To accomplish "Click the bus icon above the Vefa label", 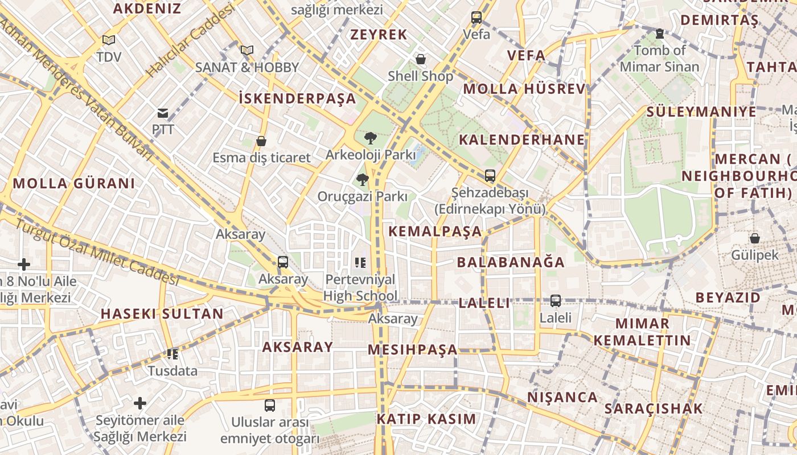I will [476, 18].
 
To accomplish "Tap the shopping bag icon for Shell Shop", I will [421, 59].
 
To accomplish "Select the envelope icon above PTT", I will [163, 113].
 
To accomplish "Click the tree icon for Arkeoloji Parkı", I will [370, 138].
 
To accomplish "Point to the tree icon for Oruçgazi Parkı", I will [361, 180].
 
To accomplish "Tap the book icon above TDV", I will [108, 40].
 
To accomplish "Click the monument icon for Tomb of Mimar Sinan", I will [659, 34].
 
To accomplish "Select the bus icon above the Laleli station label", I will [555, 300].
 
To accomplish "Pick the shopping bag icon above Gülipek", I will [755, 238].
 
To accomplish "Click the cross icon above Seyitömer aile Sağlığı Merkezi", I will [140, 403].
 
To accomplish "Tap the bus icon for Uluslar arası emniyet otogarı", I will [270, 406].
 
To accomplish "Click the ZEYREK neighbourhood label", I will [379, 35].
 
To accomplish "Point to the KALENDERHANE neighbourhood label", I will [522, 139].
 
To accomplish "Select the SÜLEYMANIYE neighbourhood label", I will [701, 111].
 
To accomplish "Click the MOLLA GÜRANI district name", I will [74, 183].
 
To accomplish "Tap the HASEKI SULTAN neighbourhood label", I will [162, 314].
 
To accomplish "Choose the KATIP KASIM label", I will [426, 419].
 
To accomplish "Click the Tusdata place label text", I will [173, 371].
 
